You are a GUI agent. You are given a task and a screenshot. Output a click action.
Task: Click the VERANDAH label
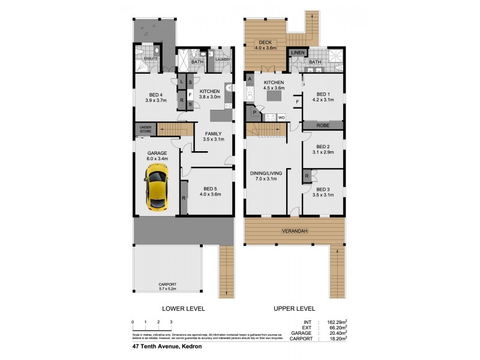[295, 231]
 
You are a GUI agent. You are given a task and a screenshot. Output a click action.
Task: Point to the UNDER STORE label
[145, 129]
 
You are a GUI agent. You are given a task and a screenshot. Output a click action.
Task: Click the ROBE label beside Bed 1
[323, 126]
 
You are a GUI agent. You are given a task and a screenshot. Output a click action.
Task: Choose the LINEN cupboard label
[296, 53]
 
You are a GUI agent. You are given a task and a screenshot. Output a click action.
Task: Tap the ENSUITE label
[150, 59]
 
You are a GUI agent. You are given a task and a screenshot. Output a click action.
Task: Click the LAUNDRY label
[223, 59]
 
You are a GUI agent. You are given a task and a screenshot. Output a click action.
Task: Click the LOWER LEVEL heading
[184, 308]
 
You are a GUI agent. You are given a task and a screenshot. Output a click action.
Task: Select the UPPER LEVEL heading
[295, 308]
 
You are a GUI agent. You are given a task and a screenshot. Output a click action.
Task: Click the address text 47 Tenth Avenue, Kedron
[166, 346]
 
